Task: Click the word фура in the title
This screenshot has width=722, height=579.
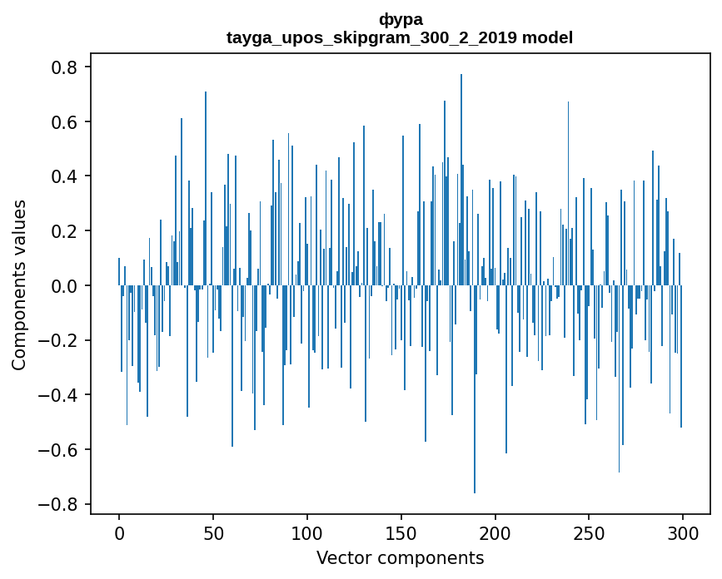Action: [x=400, y=19]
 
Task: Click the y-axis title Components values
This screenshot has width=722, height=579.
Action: [x=19, y=285]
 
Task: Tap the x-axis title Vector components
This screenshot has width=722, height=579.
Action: [x=400, y=557]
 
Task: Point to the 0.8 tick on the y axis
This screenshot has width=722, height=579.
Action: [x=67, y=67]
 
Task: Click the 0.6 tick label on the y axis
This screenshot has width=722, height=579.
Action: [x=67, y=122]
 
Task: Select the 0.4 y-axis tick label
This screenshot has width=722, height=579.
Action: [x=67, y=176]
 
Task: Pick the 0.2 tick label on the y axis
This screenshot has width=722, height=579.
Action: [x=67, y=231]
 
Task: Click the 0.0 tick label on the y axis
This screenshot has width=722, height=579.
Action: [x=67, y=286]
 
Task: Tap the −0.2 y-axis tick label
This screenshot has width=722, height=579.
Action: [x=62, y=340]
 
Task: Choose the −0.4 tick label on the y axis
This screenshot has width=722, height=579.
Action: [x=62, y=395]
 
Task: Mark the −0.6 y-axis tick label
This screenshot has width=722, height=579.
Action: [x=62, y=450]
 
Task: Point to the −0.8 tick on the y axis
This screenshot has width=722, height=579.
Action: [x=62, y=504]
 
